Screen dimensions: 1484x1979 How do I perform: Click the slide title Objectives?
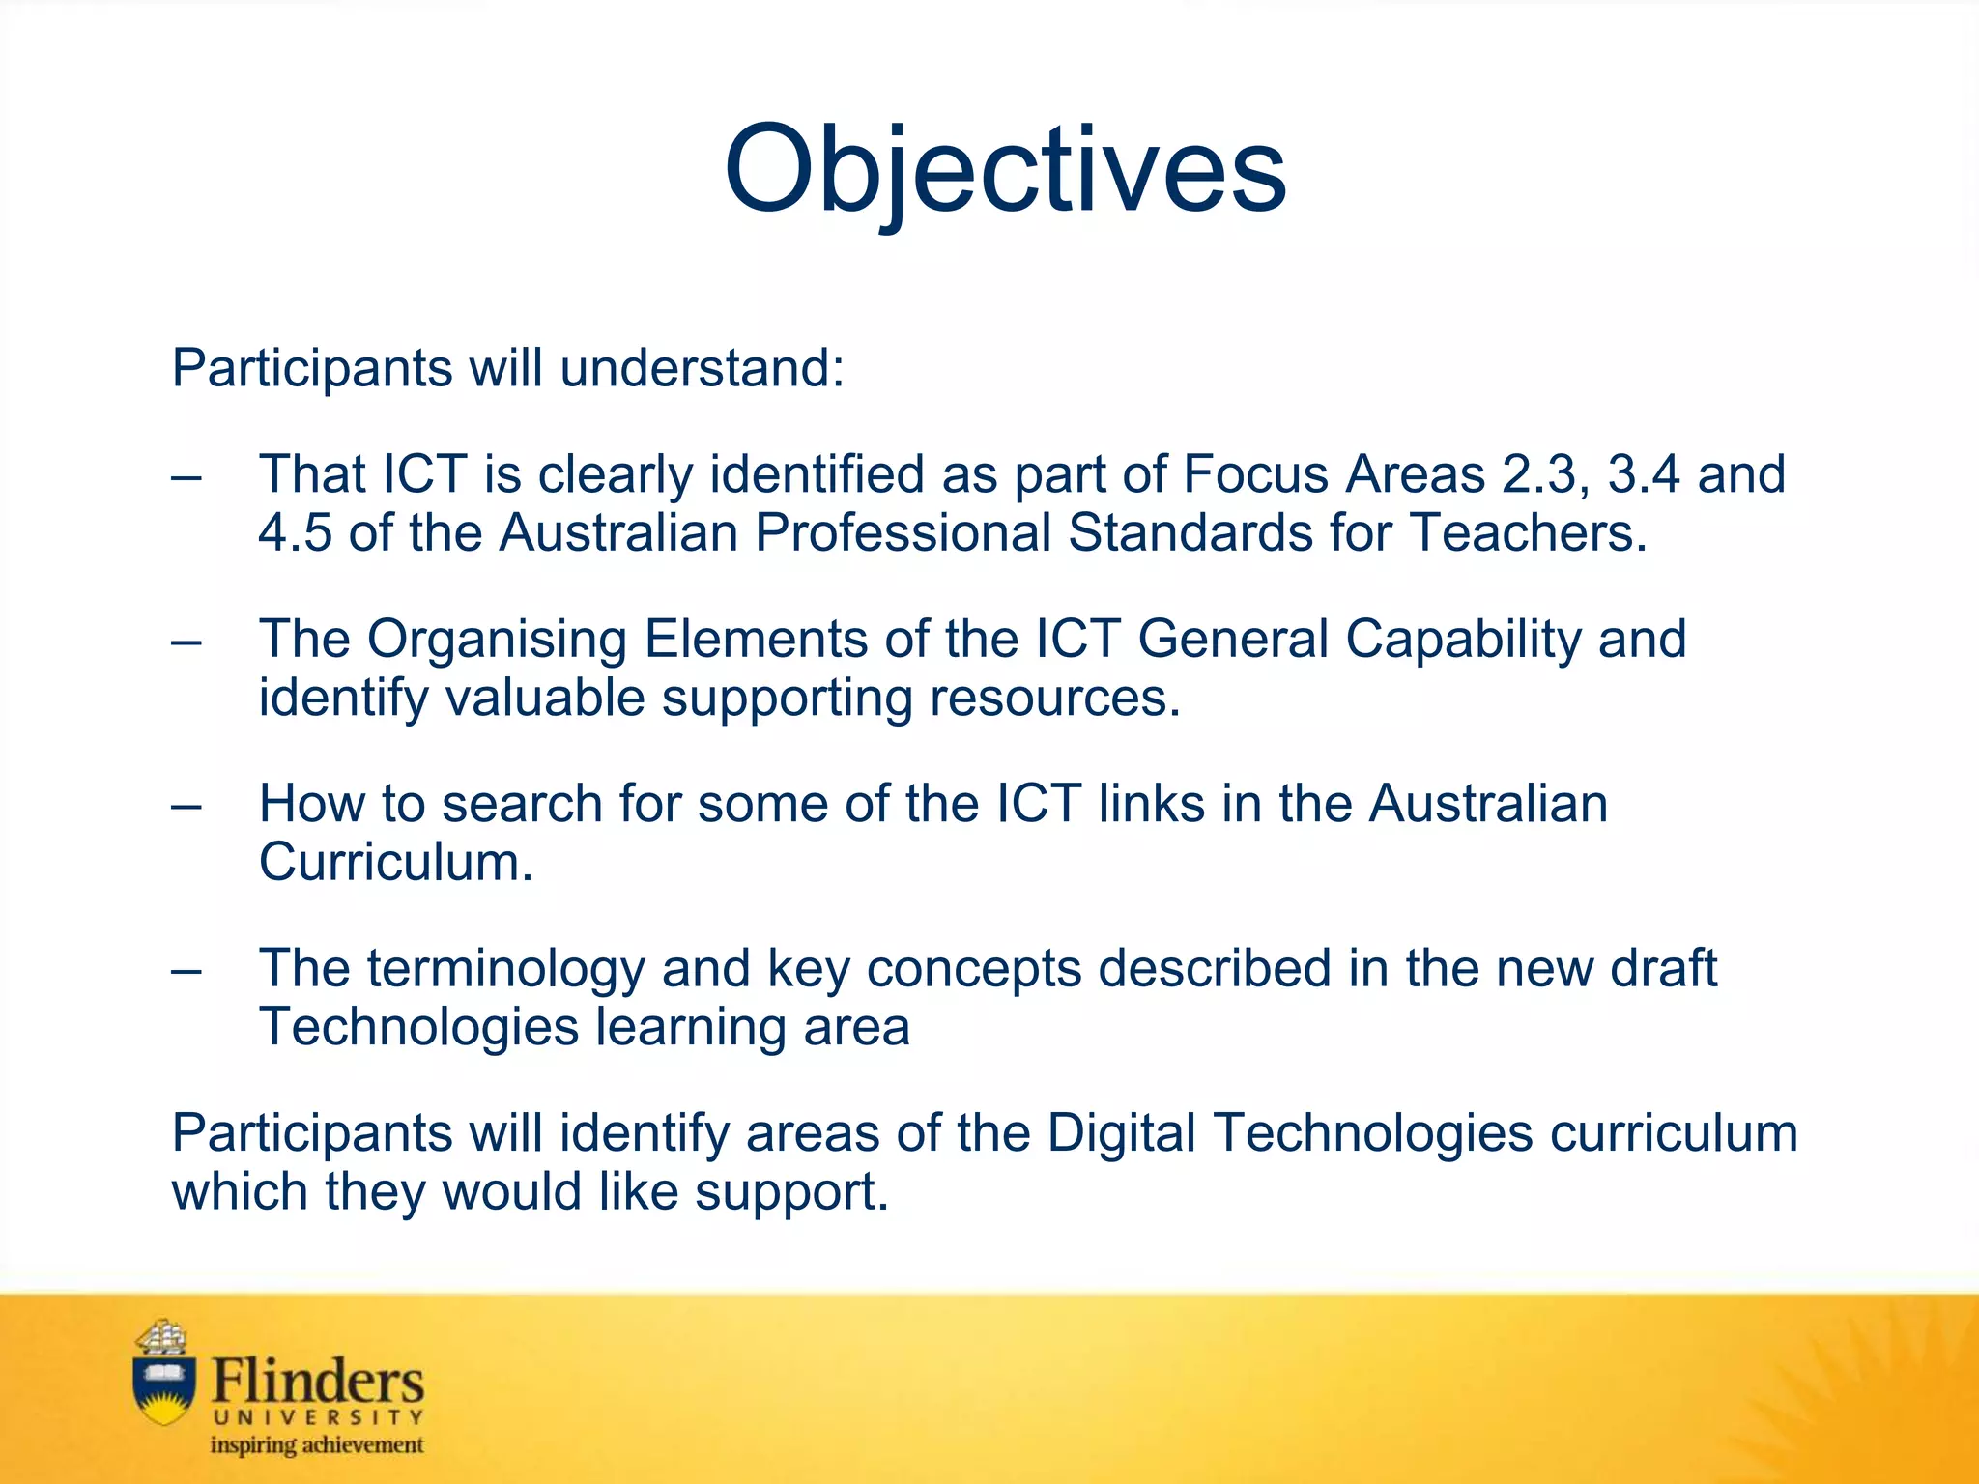click(x=1004, y=172)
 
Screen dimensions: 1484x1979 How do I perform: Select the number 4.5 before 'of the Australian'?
click(x=295, y=533)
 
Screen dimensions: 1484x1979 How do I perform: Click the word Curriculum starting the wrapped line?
click(x=395, y=863)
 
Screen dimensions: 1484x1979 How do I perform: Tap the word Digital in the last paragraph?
click(x=1122, y=1133)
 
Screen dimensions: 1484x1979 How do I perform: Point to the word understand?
click(x=701, y=369)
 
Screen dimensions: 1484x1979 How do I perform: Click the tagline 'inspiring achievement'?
click(x=317, y=1445)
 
